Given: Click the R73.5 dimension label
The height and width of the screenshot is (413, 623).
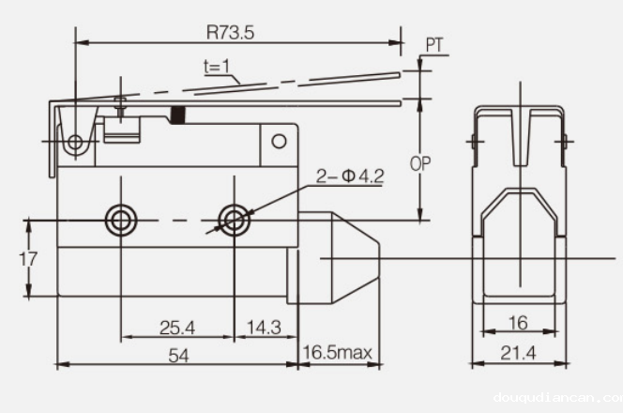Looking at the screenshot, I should coord(230,31).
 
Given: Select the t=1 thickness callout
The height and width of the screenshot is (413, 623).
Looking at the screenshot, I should coord(218,68).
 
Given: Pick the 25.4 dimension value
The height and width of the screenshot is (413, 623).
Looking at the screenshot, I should coord(176,327).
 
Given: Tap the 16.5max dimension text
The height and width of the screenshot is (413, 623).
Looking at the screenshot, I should coord(339,353).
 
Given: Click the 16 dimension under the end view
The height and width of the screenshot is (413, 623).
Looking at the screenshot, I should coord(518,322).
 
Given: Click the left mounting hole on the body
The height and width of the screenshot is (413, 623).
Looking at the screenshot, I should coord(120,220).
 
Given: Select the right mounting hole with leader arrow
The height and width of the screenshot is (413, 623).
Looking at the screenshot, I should coord(232,220).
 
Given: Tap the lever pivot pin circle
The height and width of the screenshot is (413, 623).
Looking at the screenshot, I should coord(75,143).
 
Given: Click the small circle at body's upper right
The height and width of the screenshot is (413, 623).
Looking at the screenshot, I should coord(279,142).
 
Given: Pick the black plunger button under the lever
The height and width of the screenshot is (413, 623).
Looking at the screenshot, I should coord(177,117).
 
